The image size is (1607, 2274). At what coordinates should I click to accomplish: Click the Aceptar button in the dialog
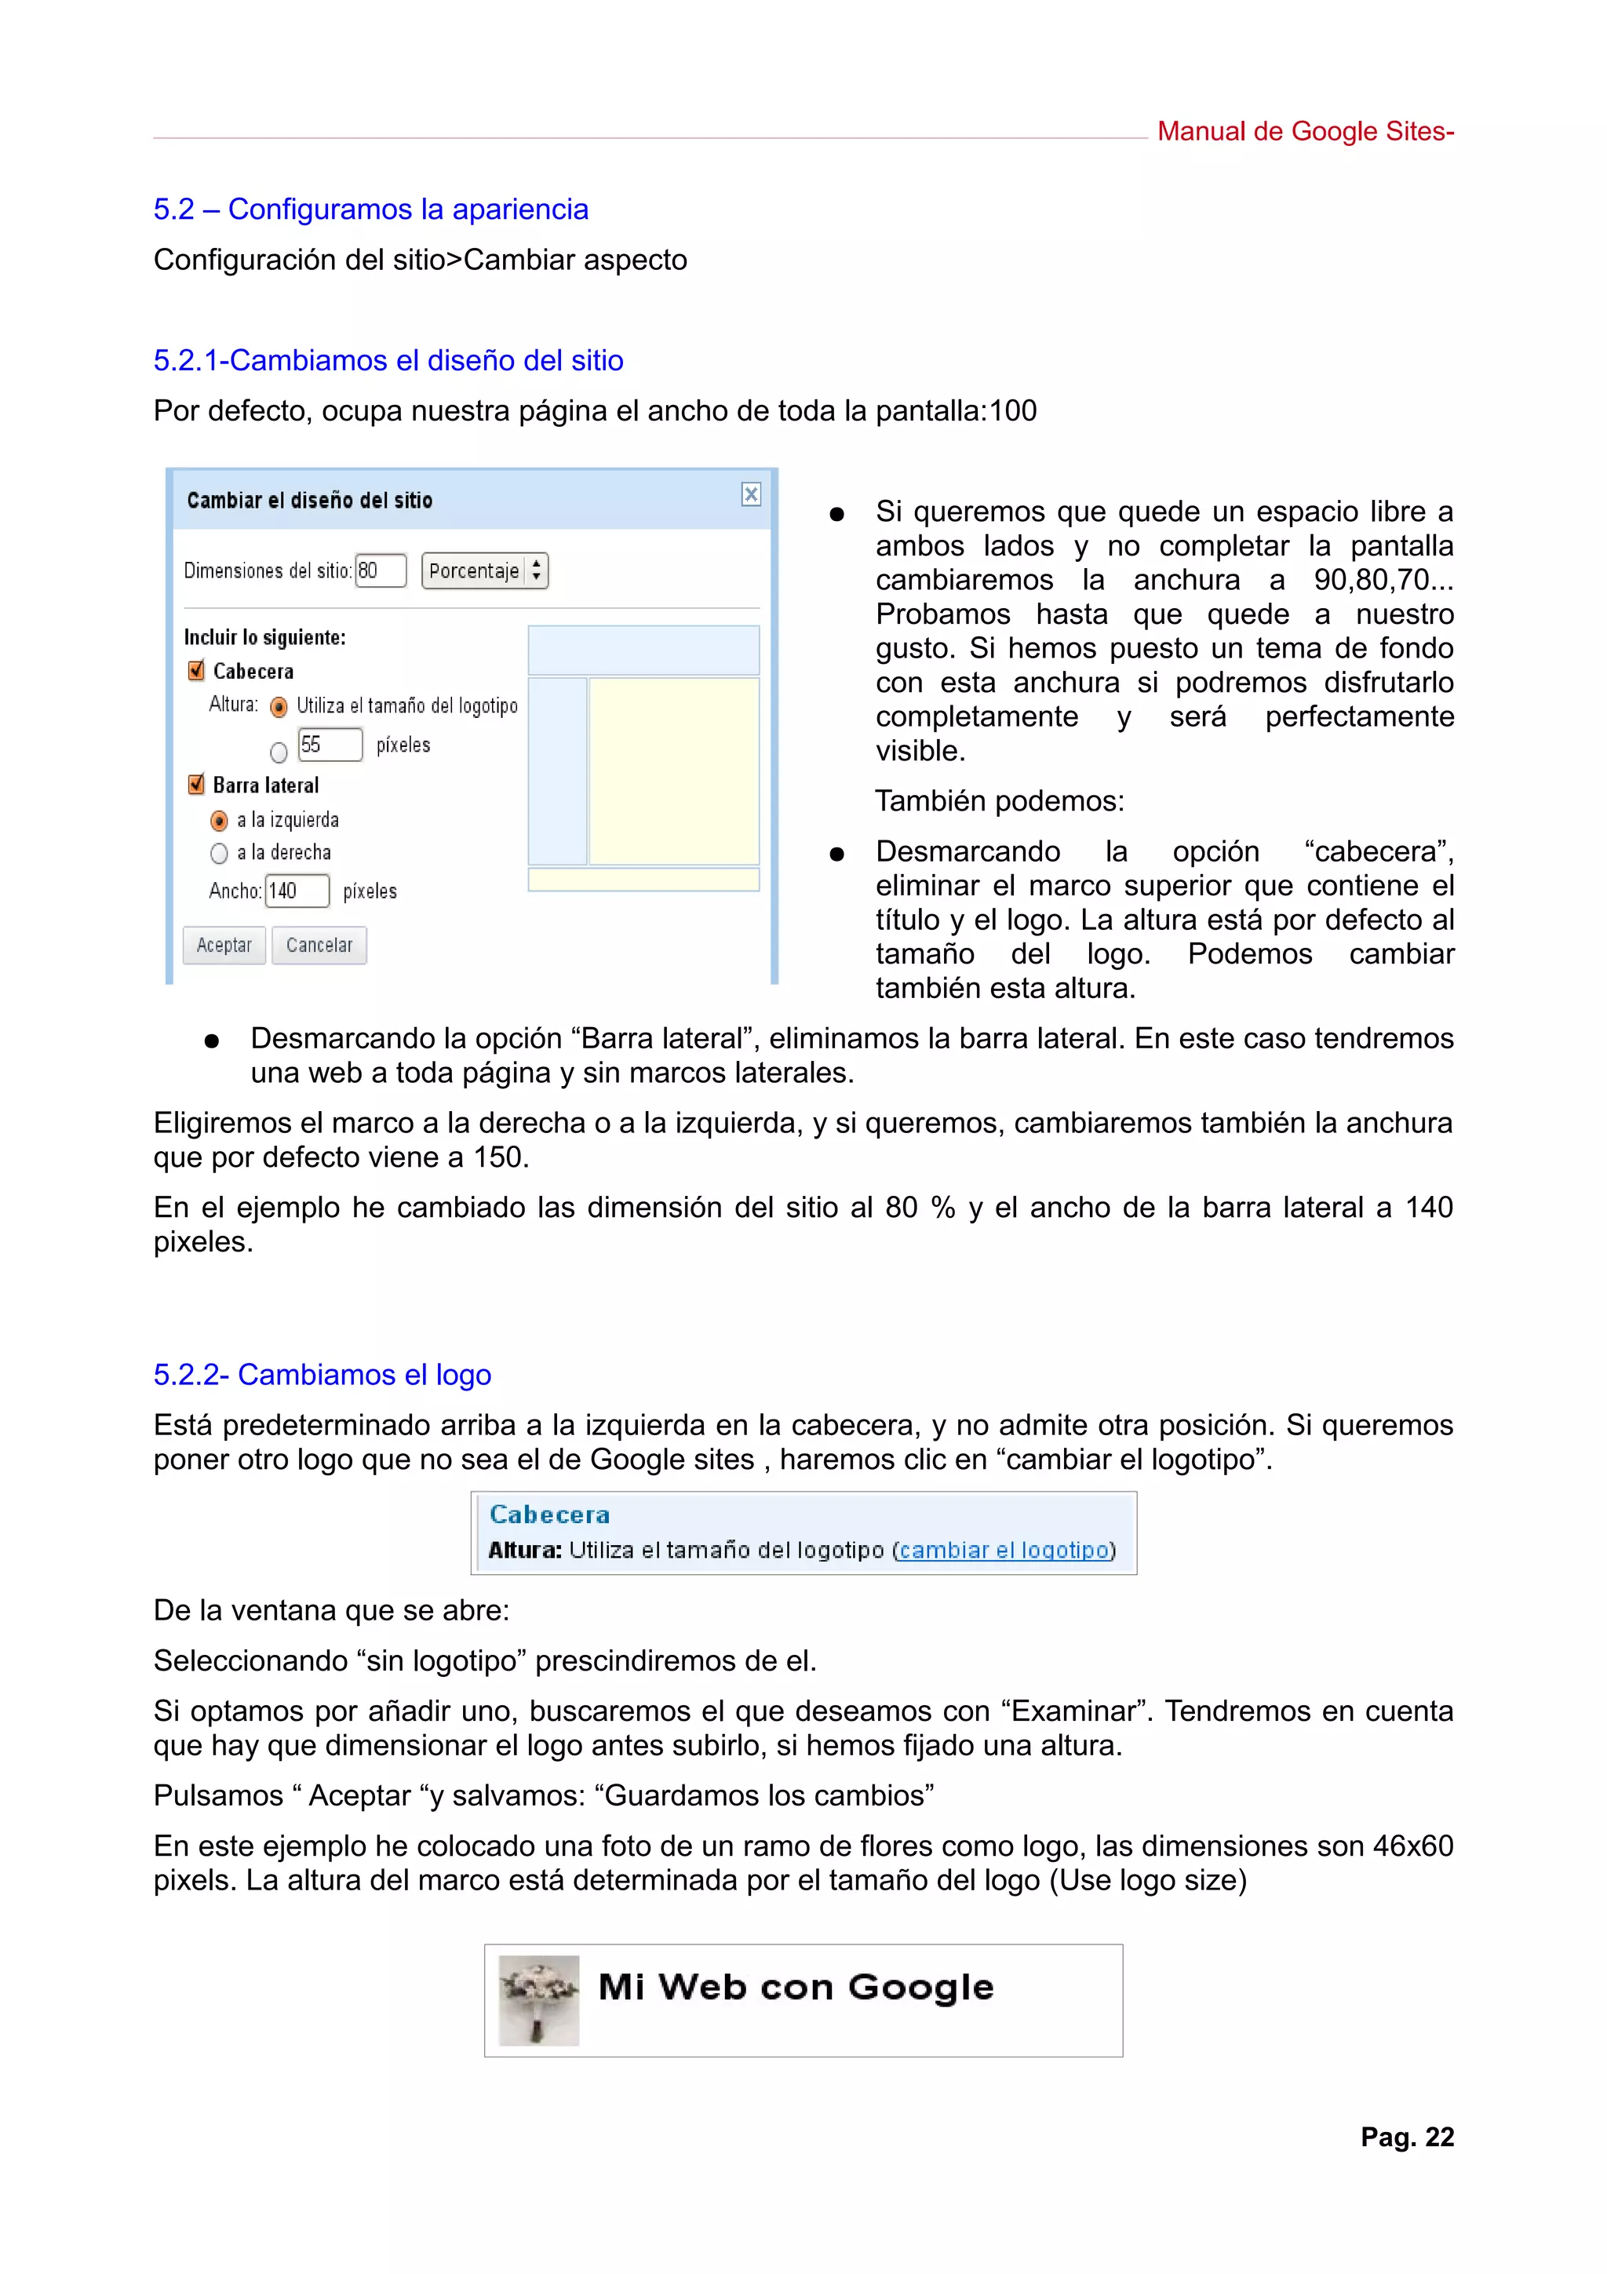[x=224, y=945]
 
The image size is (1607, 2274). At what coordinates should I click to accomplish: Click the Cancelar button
[x=319, y=945]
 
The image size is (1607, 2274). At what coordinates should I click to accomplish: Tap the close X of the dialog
[x=750, y=494]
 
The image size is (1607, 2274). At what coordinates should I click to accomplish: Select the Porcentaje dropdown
[x=484, y=570]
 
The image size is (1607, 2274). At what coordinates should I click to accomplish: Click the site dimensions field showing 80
[x=381, y=570]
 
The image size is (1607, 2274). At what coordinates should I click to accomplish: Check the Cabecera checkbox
[x=196, y=671]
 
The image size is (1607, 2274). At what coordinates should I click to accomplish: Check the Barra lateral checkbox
[x=196, y=785]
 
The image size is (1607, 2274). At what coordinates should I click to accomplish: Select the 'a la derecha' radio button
[x=219, y=853]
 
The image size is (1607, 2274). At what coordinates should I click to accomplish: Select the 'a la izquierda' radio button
[x=219, y=820]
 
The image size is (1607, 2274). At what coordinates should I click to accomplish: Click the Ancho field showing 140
[x=296, y=891]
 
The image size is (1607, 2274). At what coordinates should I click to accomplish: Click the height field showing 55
[x=329, y=745]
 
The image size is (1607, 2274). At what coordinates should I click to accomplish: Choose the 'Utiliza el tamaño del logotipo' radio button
[x=279, y=706]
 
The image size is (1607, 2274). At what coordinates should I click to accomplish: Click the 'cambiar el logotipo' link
[x=1003, y=1550]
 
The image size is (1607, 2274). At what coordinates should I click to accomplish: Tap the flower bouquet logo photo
[x=538, y=1999]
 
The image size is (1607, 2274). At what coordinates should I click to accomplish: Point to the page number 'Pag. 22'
[x=1406, y=2137]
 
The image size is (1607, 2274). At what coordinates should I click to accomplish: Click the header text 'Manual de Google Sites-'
[x=1304, y=132]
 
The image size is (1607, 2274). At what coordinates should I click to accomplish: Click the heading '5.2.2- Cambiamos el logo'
[x=322, y=1375]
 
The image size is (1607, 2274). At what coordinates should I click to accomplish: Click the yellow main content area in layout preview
[x=673, y=771]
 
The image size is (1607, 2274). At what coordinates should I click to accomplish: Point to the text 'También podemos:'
[x=998, y=800]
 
